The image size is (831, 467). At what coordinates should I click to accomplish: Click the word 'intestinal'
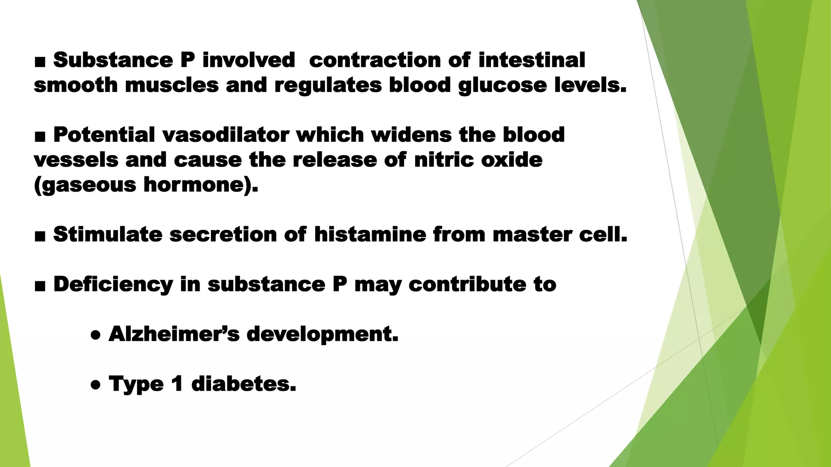coord(532,60)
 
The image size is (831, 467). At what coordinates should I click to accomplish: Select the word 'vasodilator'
coord(226,135)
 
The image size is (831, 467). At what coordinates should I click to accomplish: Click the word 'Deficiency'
coord(113,284)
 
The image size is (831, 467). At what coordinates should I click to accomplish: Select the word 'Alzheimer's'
coord(174,334)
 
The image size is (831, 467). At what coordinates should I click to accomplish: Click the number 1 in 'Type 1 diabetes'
coord(177,383)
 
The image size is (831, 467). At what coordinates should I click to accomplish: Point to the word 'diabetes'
coord(243,383)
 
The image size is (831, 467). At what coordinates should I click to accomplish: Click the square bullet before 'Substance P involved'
coord(40,62)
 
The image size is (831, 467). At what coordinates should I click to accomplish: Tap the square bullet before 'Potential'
coord(40,137)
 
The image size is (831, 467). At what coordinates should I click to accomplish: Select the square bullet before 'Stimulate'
coord(40,236)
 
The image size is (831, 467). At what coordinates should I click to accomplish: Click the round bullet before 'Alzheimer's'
coord(95,336)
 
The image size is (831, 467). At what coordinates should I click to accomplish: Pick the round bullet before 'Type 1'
coord(95,386)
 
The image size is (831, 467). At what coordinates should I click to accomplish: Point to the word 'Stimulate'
coord(108,234)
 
